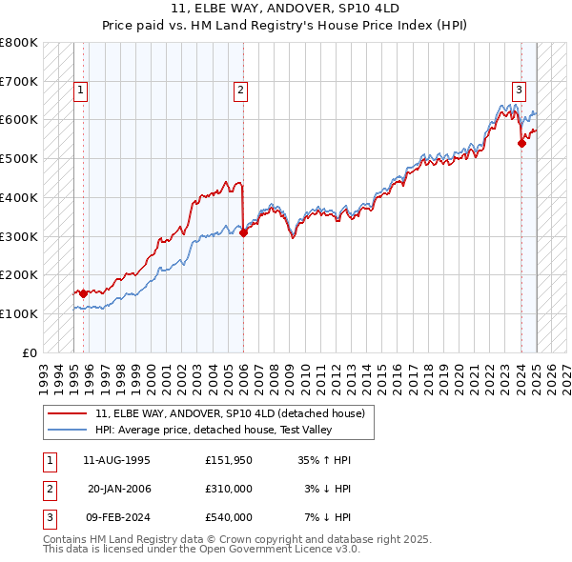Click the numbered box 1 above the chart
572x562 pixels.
(81, 91)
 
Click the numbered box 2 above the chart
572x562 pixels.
(240, 91)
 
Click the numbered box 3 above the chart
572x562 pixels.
(519, 91)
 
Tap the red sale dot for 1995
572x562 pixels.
(83, 293)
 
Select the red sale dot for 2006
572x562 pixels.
(243, 231)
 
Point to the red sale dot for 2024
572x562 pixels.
(521, 143)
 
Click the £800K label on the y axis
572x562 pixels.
(19, 43)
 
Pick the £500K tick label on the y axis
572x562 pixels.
(19, 159)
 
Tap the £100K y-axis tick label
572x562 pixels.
(19, 313)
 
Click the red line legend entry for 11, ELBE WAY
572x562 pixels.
(230, 413)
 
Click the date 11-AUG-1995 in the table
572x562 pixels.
(116, 460)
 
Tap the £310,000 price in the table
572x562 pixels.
(228, 489)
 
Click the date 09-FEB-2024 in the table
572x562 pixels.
(116, 517)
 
